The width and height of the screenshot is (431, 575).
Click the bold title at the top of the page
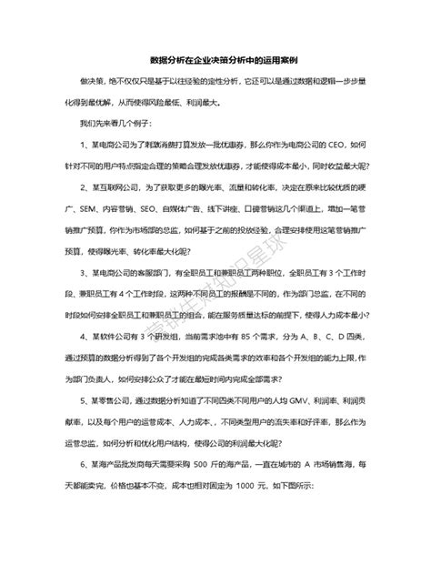[x=215, y=58]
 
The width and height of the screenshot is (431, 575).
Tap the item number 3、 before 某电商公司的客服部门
[x=85, y=271]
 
